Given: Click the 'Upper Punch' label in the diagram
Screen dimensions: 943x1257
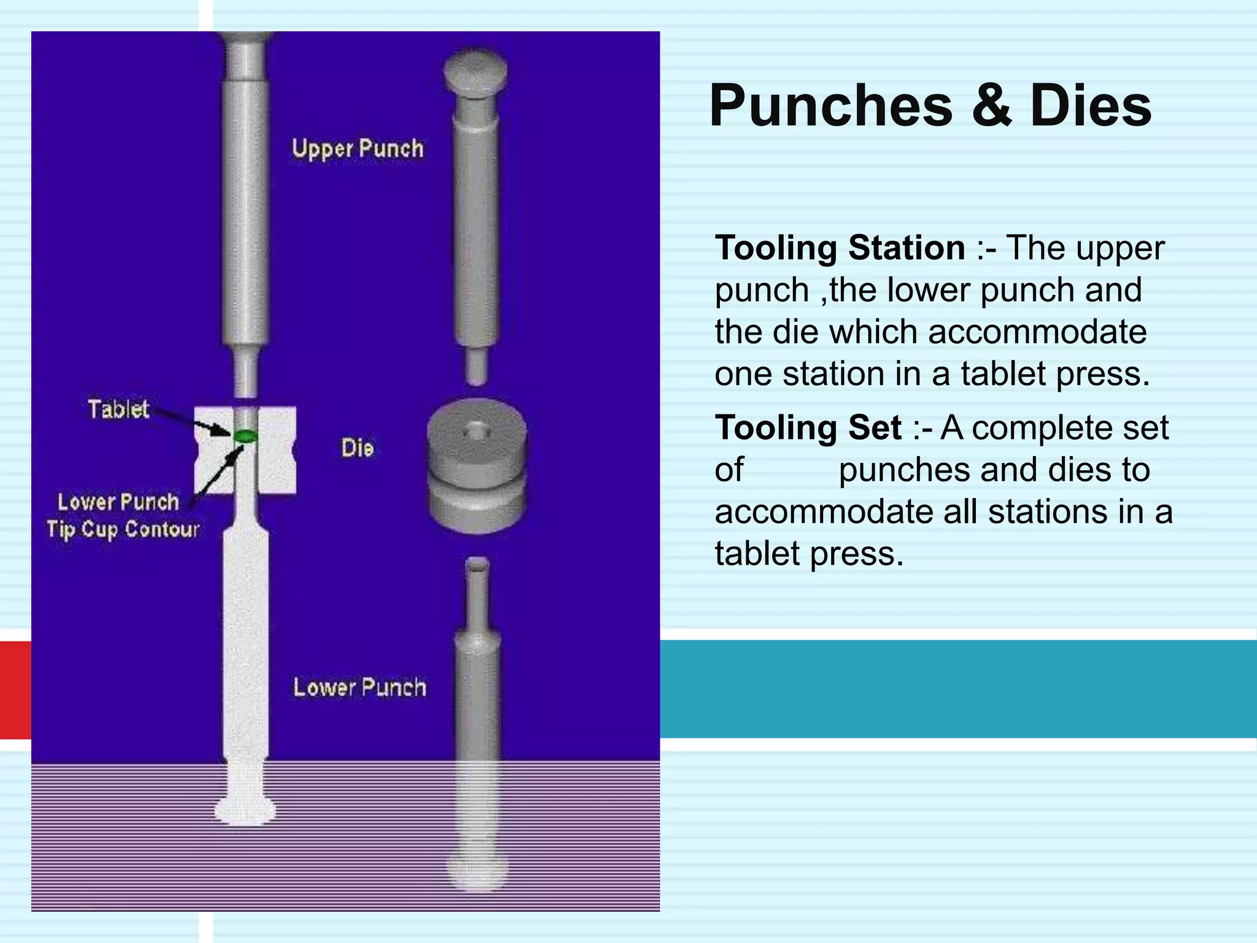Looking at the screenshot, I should [x=358, y=149].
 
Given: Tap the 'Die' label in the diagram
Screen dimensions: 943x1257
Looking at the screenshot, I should [x=357, y=448].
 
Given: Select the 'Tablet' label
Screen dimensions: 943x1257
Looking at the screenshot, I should [x=118, y=409].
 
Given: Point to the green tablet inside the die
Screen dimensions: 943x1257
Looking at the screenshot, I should [x=245, y=436].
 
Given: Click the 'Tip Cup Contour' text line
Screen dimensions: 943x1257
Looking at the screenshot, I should [x=123, y=529].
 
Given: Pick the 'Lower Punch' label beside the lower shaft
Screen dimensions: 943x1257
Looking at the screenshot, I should [x=359, y=688].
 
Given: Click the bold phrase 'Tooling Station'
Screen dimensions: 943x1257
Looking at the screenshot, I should [x=840, y=248].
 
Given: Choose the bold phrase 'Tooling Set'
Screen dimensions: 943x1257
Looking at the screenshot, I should [x=808, y=427].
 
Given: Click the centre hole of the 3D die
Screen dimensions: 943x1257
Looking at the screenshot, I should [x=475, y=431].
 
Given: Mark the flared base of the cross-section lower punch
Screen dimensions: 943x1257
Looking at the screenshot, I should [x=245, y=812].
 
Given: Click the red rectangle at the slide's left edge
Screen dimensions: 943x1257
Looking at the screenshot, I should [x=15, y=690].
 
